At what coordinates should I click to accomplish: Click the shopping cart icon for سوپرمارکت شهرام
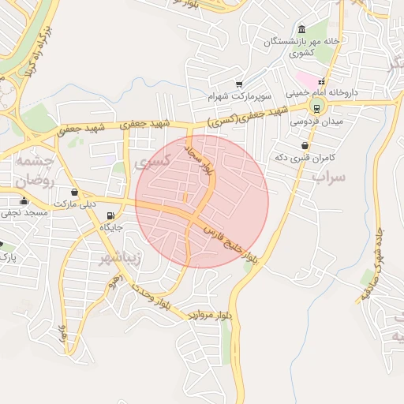(x=239, y=84)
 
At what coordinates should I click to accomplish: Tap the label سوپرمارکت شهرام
(x=240, y=96)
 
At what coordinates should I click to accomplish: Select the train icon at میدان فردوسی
(x=316, y=109)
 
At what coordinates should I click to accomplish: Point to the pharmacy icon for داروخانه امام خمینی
(x=321, y=81)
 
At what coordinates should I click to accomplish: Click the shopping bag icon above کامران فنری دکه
(x=305, y=145)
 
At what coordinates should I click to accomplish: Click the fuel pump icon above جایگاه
(x=110, y=215)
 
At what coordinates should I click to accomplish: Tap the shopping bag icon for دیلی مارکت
(x=74, y=192)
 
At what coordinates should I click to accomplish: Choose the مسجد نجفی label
(x=25, y=213)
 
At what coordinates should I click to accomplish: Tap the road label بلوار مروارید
(x=211, y=315)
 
